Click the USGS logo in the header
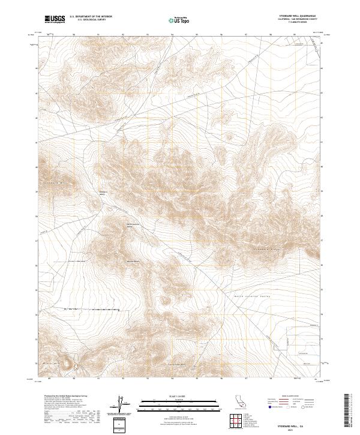[55, 19]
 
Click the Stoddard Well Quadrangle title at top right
[298, 16]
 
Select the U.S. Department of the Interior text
[91, 17]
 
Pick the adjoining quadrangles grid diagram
[238, 422]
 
